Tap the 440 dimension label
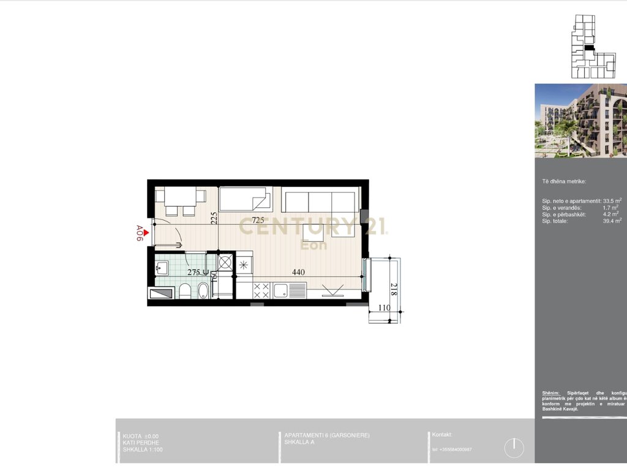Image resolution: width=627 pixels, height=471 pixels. (298, 272)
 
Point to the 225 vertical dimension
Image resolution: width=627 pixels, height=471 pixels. (214, 219)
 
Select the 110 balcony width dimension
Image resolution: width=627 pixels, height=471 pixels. (384, 307)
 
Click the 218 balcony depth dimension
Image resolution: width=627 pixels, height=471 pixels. (393, 289)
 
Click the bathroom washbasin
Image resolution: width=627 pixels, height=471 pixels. (162, 267)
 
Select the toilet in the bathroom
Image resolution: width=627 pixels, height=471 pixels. (185, 291)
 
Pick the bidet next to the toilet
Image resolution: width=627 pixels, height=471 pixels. (203, 291)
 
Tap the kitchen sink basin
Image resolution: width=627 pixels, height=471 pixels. (284, 289)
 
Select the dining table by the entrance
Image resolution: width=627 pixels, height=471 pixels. (180, 197)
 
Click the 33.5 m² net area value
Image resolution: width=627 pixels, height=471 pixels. (612, 201)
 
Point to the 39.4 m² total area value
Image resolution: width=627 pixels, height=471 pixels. (612, 221)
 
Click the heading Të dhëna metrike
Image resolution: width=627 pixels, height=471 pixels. (564, 182)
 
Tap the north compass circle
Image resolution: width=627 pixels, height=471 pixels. (514, 448)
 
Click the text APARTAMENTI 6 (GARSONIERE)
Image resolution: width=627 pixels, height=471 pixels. (327, 435)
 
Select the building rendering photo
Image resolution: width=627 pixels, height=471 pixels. (580, 121)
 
